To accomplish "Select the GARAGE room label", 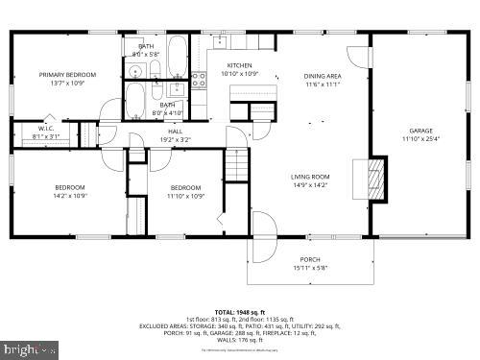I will tap(420, 131).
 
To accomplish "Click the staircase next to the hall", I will tap(238, 169).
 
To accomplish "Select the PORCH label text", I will tap(309, 259).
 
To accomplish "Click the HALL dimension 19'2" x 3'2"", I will tap(176, 139).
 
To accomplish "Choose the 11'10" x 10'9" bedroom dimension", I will tap(184, 196).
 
